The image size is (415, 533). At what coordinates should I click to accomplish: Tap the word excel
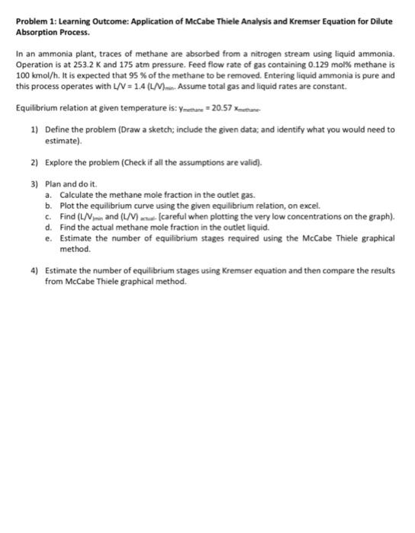(x=304, y=206)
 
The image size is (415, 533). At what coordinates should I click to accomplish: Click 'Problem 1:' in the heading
(x=34, y=23)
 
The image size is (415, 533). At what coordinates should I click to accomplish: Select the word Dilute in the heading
(x=380, y=23)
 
